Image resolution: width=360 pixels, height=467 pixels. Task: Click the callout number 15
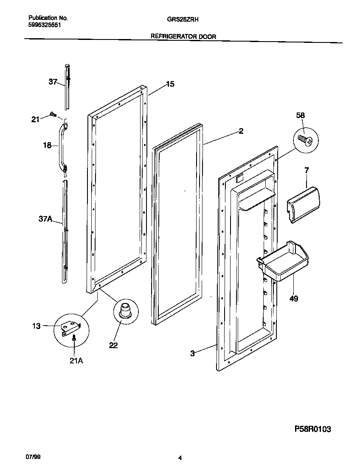170,84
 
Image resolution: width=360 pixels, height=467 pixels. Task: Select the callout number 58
301,115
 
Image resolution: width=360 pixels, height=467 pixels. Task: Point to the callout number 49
294,299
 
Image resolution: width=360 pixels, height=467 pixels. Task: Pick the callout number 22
113,345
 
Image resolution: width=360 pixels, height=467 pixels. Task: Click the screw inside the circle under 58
306,140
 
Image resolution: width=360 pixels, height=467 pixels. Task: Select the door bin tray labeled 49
283,262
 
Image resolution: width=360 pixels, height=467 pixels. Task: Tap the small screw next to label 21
53,114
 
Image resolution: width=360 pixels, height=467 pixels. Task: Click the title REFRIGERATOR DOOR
183,37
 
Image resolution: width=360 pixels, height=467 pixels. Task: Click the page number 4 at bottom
180,458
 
